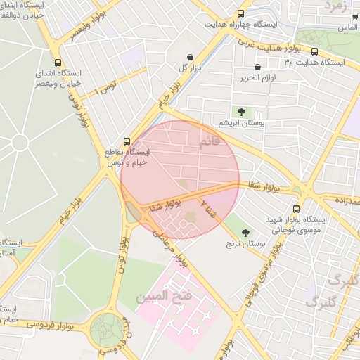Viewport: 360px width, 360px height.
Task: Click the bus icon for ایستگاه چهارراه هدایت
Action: point(241,13)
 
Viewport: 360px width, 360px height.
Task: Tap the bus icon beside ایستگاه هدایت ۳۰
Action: point(314,51)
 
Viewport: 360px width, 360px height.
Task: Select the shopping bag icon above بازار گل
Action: point(190,57)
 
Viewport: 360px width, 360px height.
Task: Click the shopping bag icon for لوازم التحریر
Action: point(258,67)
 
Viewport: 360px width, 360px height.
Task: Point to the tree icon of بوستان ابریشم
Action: point(242,111)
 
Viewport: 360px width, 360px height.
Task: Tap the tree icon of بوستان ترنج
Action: point(245,233)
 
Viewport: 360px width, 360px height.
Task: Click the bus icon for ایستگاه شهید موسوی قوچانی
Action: point(296,209)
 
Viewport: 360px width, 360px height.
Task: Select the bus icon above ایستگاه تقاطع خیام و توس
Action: point(127,141)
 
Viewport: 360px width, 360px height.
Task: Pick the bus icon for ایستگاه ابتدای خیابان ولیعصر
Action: point(58,62)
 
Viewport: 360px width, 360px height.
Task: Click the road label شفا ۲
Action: point(209,209)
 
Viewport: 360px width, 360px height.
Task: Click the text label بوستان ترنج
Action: point(245,245)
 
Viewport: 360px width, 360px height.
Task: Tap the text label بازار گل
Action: point(175,67)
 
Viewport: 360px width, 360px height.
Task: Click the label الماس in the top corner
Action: point(345,27)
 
